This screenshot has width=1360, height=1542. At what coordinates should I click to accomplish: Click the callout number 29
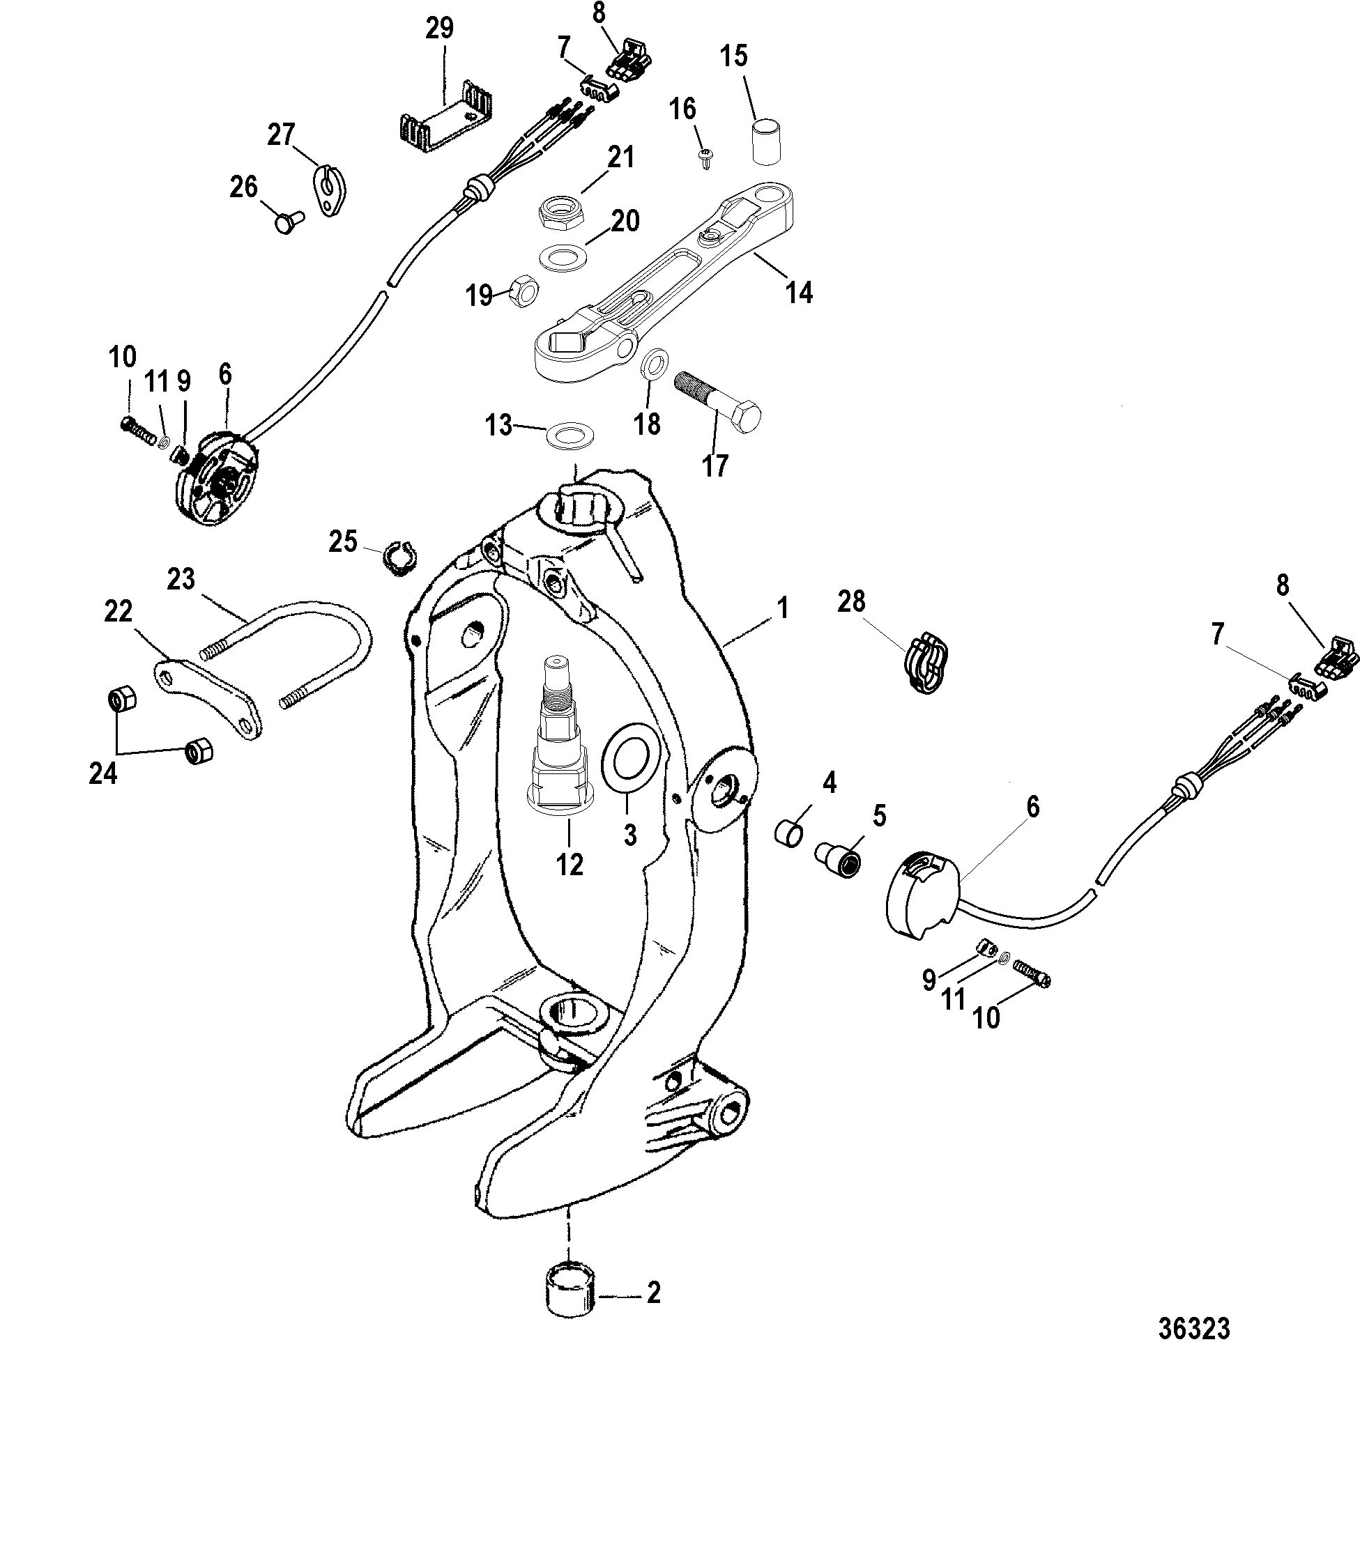pos(439,29)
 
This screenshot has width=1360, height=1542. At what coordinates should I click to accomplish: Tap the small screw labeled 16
pos(707,156)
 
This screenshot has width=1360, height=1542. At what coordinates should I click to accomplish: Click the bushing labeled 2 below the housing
pos(570,1292)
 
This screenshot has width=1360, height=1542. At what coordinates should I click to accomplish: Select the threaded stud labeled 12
pos(557,748)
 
